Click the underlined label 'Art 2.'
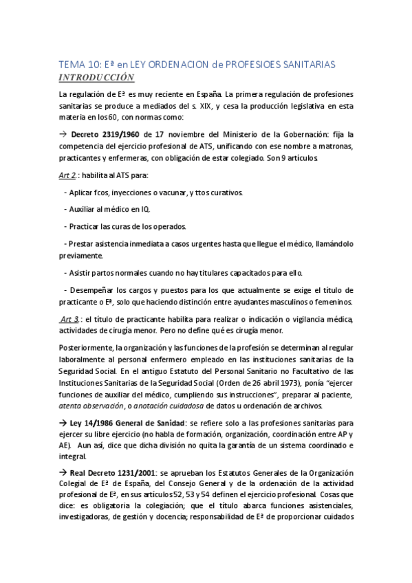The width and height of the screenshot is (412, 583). tap(67, 176)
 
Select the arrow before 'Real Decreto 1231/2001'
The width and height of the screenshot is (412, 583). tap(63, 454)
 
